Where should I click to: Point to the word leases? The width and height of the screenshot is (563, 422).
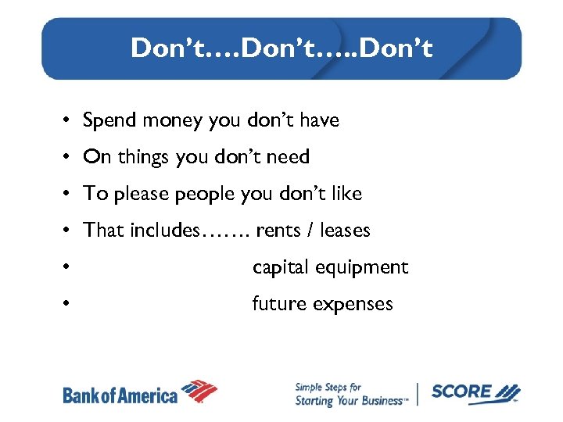(x=345, y=231)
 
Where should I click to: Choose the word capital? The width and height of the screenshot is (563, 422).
(x=280, y=267)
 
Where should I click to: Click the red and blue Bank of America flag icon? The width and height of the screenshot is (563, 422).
(x=199, y=391)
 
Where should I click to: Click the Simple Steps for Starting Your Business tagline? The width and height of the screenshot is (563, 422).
(x=350, y=394)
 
